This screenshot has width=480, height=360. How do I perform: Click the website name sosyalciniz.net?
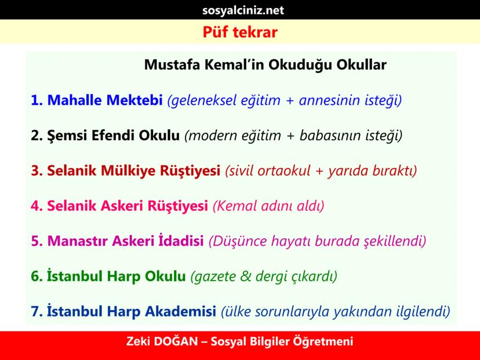pyautogui.click(x=243, y=10)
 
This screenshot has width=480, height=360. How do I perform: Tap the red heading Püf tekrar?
pyautogui.click(x=240, y=32)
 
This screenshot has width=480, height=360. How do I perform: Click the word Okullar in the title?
pyautogui.click(x=362, y=64)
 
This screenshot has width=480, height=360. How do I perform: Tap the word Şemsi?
pyautogui.click(x=67, y=135)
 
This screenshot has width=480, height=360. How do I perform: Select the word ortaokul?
pyautogui.click(x=284, y=170)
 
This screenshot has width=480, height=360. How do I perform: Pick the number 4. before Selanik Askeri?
pyautogui.click(x=37, y=206)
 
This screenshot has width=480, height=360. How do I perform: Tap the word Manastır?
pyautogui.click(x=78, y=241)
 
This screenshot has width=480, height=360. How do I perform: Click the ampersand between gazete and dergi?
pyautogui.click(x=246, y=276)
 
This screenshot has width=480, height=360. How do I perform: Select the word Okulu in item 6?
pyautogui.click(x=165, y=276)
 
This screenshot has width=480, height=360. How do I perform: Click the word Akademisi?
pyautogui.click(x=181, y=311)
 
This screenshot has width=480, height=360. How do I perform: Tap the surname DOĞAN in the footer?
pyautogui.click(x=176, y=341)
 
